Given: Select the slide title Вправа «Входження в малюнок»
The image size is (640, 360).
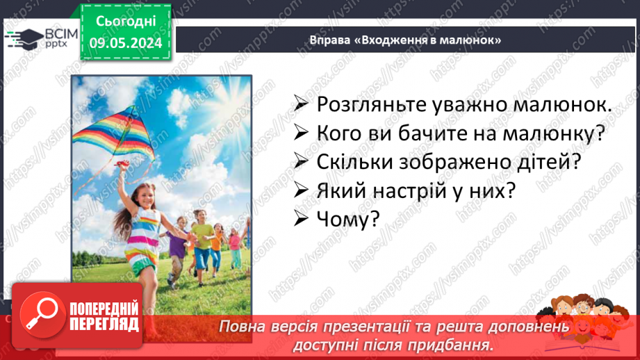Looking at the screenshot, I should [406, 40].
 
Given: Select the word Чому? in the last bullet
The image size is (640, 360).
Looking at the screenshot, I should [347, 218].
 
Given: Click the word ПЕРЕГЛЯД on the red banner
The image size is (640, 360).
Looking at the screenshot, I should [104, 325].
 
